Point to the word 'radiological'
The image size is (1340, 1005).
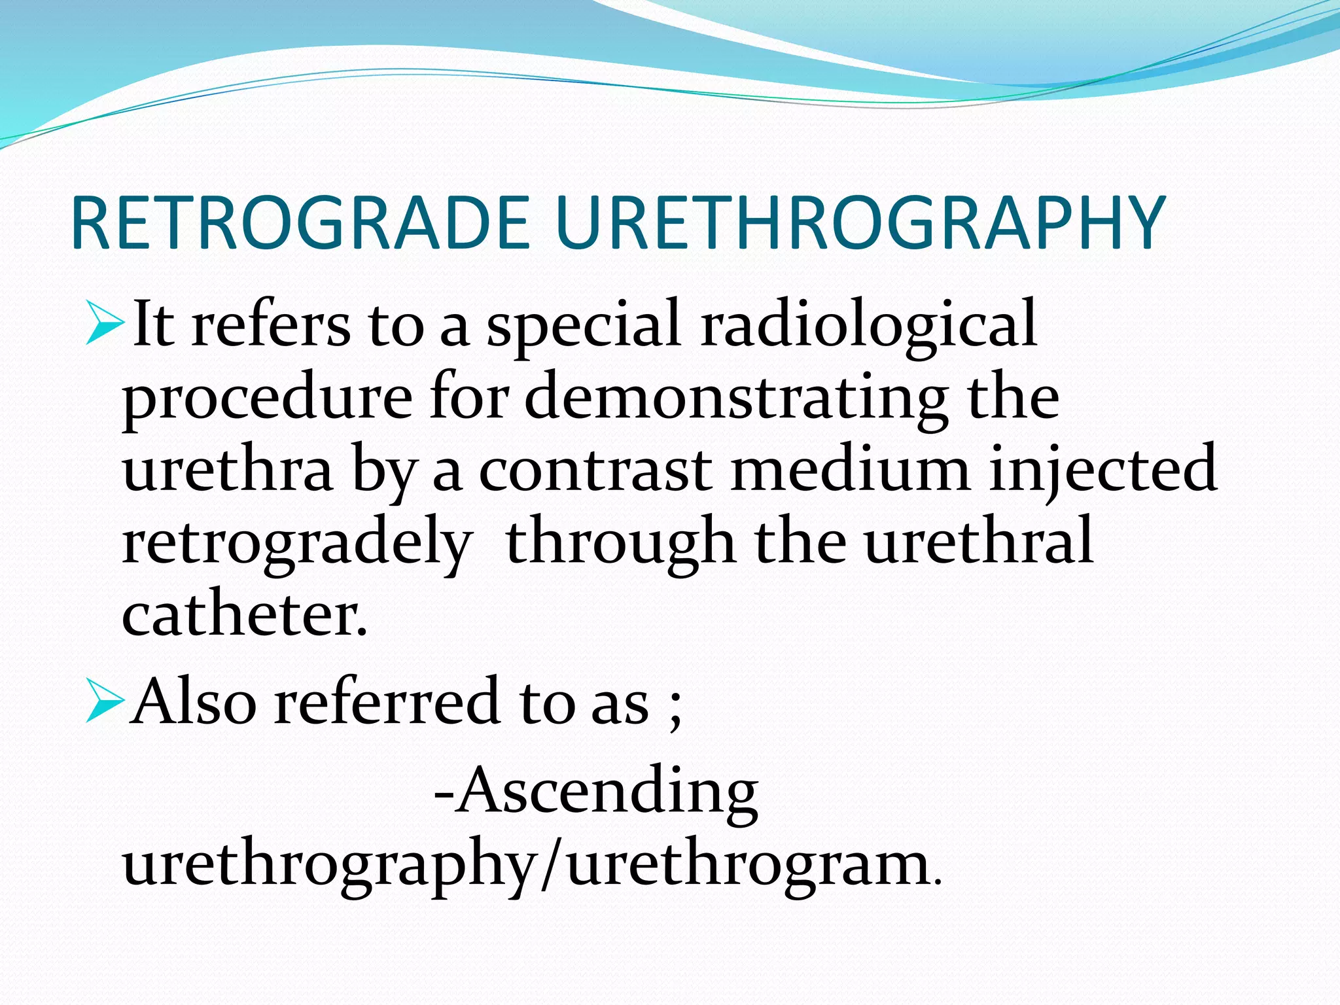click(x=868, y=325)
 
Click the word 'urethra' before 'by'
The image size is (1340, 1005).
click(x=227, y=468)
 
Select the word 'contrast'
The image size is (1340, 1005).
click(x=595, y=468)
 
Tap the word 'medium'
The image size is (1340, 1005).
click(x=850, y=468)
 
